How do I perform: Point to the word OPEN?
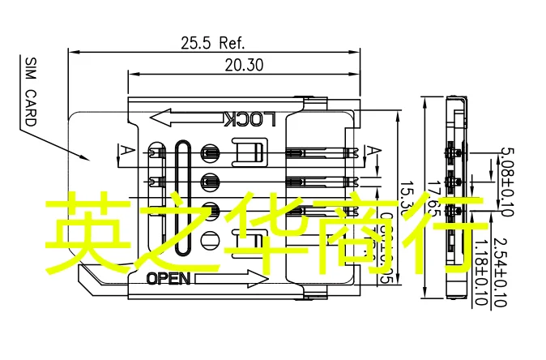[x=168, y=279]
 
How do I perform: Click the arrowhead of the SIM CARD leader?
[x=92, y=159]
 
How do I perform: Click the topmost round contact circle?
[x=210, y=152]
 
